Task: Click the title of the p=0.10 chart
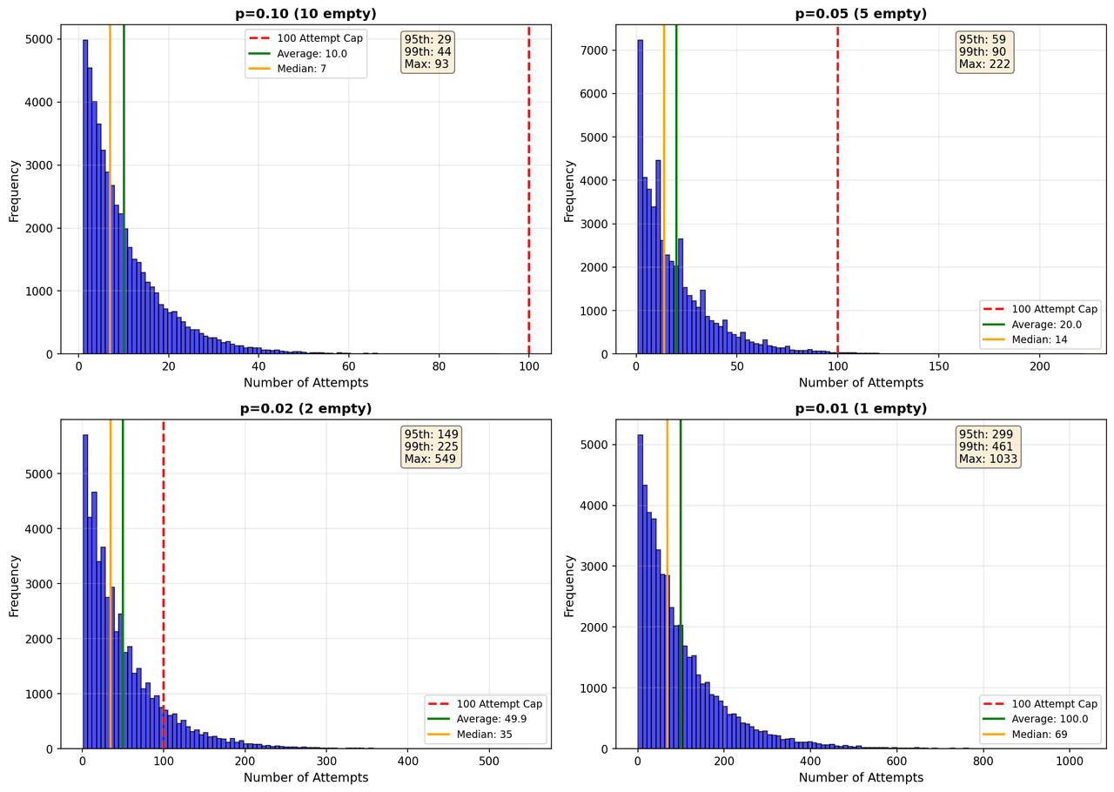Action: click(x=305, y=13)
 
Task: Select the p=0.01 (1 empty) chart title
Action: click(x=861, y=408)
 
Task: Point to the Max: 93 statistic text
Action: click(x=426, y=64)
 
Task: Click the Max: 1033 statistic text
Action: click(x=988, y=459)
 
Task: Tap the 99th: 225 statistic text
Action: click(x=431, y=446)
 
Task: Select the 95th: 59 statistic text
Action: click(x=983, y=39)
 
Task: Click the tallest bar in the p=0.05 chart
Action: click(x=640, y=197)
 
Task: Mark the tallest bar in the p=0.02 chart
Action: click(x=85, y=592)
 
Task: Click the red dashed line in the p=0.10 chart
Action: click(x=528, y=190)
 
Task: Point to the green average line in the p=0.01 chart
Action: click(x=681, y=584)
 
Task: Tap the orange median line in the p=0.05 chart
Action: click(x=664, y=190)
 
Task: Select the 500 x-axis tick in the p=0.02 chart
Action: click(x=489, y=762)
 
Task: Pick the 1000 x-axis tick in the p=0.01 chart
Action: click(x=1070, y=762)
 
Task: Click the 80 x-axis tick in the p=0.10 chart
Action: click(x=439, y=366)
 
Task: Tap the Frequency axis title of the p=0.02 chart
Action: click(x=14, y=586)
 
